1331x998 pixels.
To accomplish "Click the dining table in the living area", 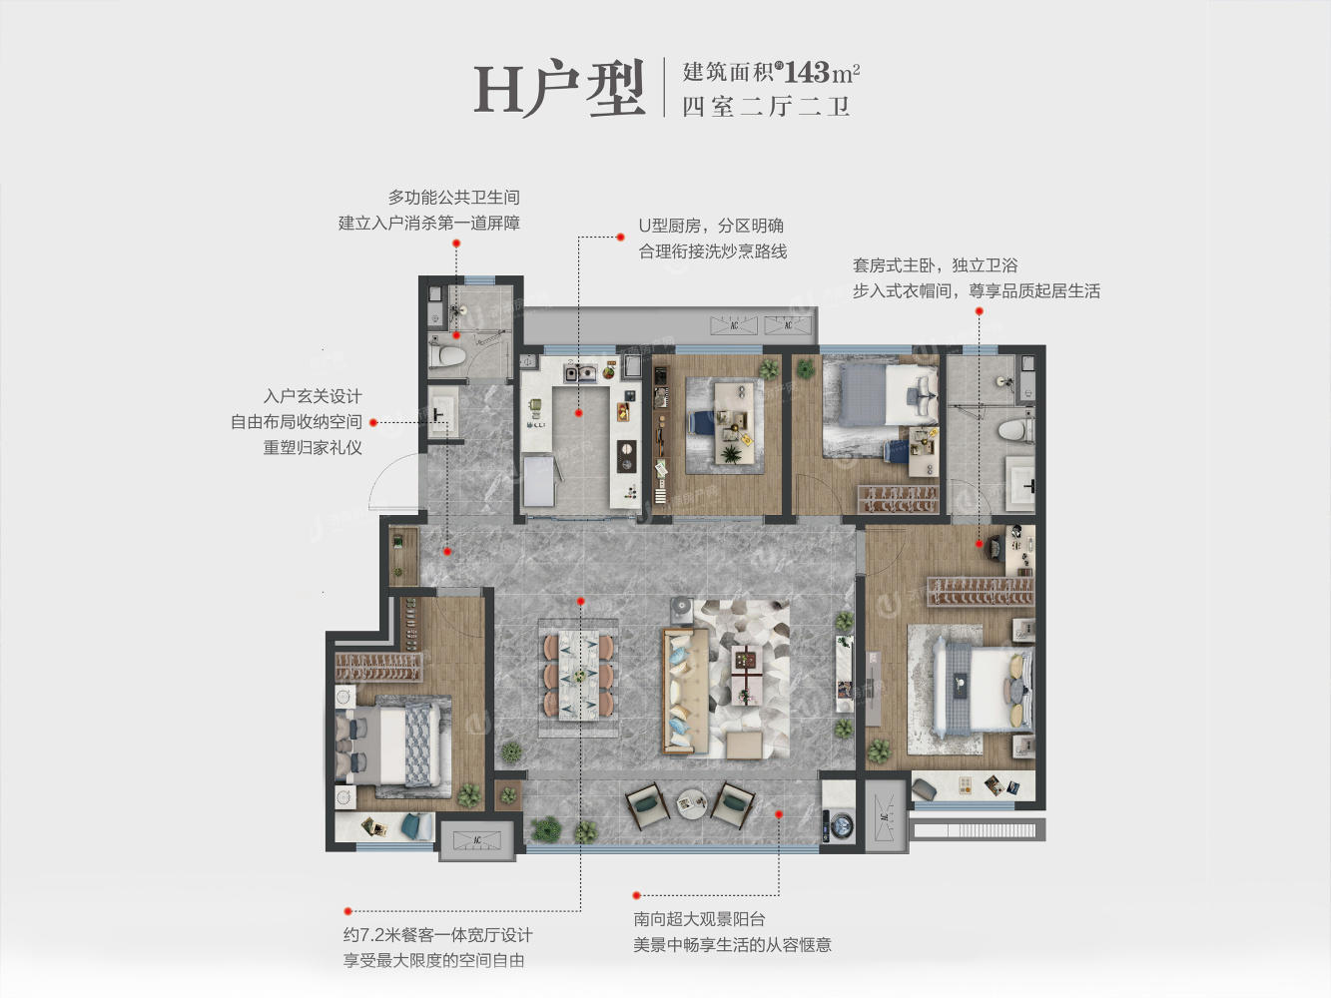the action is [578, 675].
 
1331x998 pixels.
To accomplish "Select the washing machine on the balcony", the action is [838, 824].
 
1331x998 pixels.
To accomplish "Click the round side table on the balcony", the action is [691, 804].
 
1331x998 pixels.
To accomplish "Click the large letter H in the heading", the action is [498, 90].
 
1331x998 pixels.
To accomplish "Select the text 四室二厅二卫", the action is [765, 107].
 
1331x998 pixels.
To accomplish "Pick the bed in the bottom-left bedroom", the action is [388, 745].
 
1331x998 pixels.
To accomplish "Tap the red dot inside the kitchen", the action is [578, 413].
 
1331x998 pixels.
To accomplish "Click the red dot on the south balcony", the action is [779, 815].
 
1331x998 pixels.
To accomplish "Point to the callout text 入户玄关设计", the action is [313, 397].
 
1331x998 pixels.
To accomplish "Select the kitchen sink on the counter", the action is [580, 372].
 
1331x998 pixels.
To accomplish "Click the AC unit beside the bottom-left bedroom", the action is [477, 840].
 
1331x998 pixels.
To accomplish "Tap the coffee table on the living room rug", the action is [747, 675].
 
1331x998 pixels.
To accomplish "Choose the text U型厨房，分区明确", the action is [711, 226].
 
